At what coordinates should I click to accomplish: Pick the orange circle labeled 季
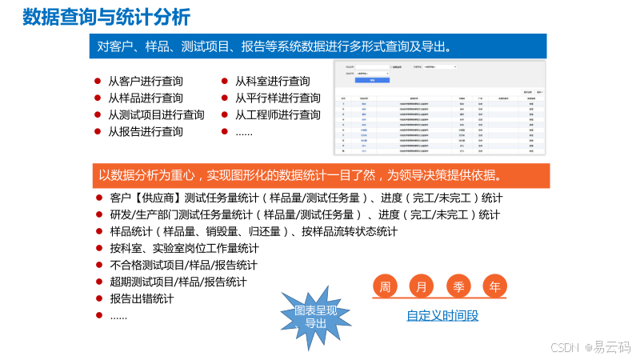458,286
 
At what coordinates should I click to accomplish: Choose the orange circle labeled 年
495,286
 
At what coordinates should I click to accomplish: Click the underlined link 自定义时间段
442,315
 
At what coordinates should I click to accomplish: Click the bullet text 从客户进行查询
145,81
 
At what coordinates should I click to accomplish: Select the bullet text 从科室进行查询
272,81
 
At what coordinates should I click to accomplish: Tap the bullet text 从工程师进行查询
278,114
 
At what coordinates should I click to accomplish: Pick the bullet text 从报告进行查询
145,131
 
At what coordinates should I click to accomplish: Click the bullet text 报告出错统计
142,298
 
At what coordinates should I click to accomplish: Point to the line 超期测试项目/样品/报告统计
178,282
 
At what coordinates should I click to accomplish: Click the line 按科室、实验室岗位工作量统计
184,248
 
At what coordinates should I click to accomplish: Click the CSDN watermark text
565,347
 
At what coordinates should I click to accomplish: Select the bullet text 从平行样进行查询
278,98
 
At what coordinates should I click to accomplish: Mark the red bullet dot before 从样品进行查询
98,98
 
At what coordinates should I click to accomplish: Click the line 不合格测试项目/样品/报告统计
183,265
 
